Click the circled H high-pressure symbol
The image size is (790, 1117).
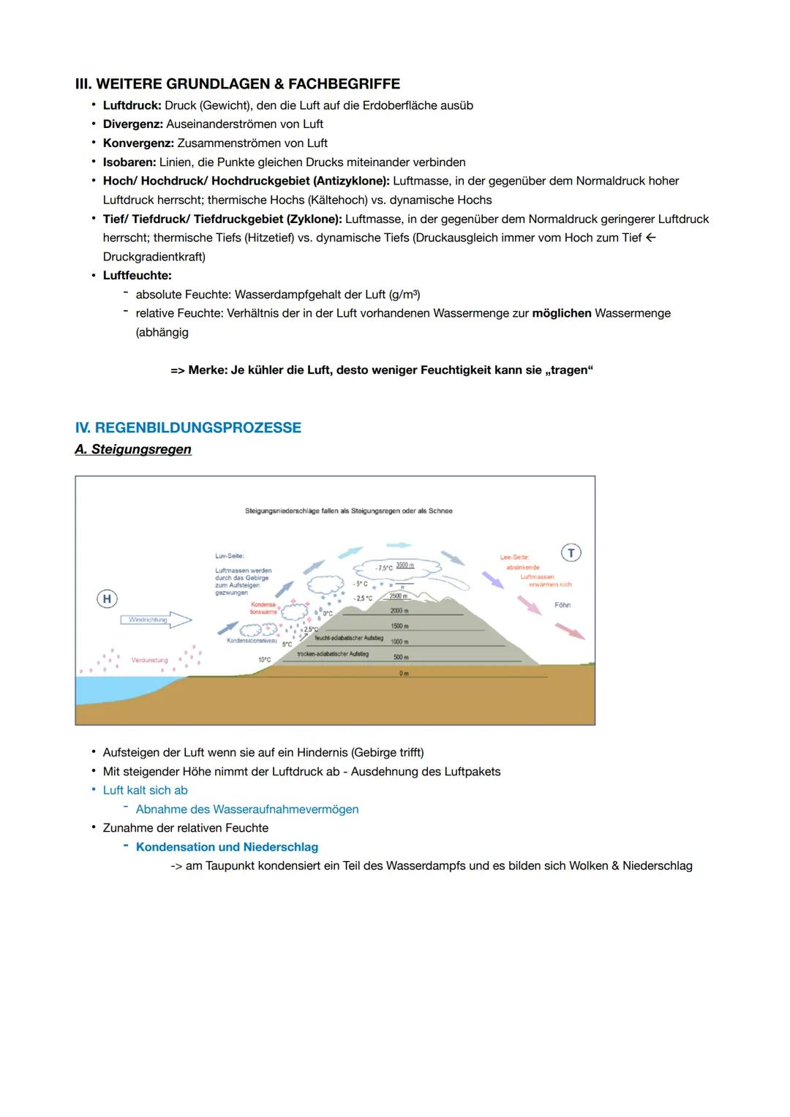[x=107, y=599]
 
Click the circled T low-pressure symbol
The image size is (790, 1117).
[x=571, y=553]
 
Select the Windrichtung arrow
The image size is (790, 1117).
[x=155, y=620]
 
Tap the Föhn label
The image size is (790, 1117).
[x=563, y=605]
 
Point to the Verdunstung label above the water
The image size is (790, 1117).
[x=149, y=660]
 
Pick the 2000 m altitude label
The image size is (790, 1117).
[x=399, y=611]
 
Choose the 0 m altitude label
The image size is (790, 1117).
[x=404, y=673]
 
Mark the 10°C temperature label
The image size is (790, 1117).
[x=264, y=660]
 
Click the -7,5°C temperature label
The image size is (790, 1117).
[x=383, y=568]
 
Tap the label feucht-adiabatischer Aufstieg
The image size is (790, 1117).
[x=349, y=638]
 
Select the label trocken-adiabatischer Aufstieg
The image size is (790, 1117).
[x=333, y=654]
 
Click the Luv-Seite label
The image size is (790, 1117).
[x=229, y=556]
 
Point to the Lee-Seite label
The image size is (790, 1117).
[x=514, y=557]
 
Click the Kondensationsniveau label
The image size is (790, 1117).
[x=252, y=640]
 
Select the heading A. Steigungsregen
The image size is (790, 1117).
[x=133, y=449]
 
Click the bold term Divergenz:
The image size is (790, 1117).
[x=132, y=124]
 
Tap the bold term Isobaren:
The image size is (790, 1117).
[x=129, y=162]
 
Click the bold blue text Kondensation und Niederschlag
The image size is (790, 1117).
[x=227, y=847]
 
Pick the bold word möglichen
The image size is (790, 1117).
[x=562, y=313]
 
